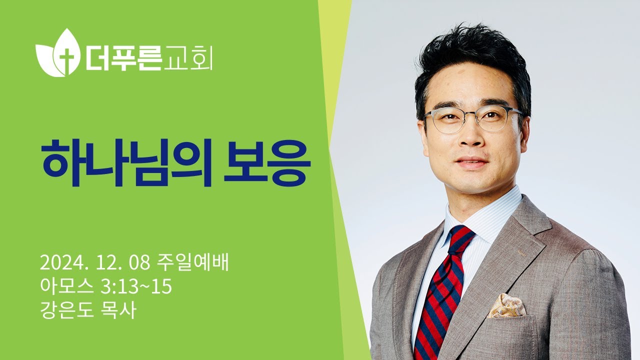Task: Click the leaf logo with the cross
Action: [56, 52]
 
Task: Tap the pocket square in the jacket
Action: [506, 305]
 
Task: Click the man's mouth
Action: [471, 163]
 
